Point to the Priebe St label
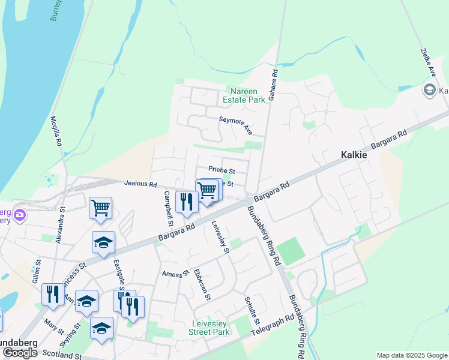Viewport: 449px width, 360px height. click(221, 170)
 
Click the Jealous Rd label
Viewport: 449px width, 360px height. click(140, 184)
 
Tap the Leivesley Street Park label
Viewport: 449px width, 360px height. click(209, 328)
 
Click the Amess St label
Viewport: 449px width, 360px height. click(175, 274)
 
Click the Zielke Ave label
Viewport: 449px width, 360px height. click(428, 62)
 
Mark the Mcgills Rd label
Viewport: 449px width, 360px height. click(56, 132)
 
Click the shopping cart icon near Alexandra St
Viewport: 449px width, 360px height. click(100, 208)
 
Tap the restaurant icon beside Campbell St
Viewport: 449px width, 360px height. click(187, 202)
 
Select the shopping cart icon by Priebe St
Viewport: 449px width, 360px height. click(207, 191)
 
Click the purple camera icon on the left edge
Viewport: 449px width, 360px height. click(20, 214)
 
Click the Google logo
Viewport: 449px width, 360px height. click(20, 353)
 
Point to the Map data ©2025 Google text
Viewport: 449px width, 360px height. click(411, 355)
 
